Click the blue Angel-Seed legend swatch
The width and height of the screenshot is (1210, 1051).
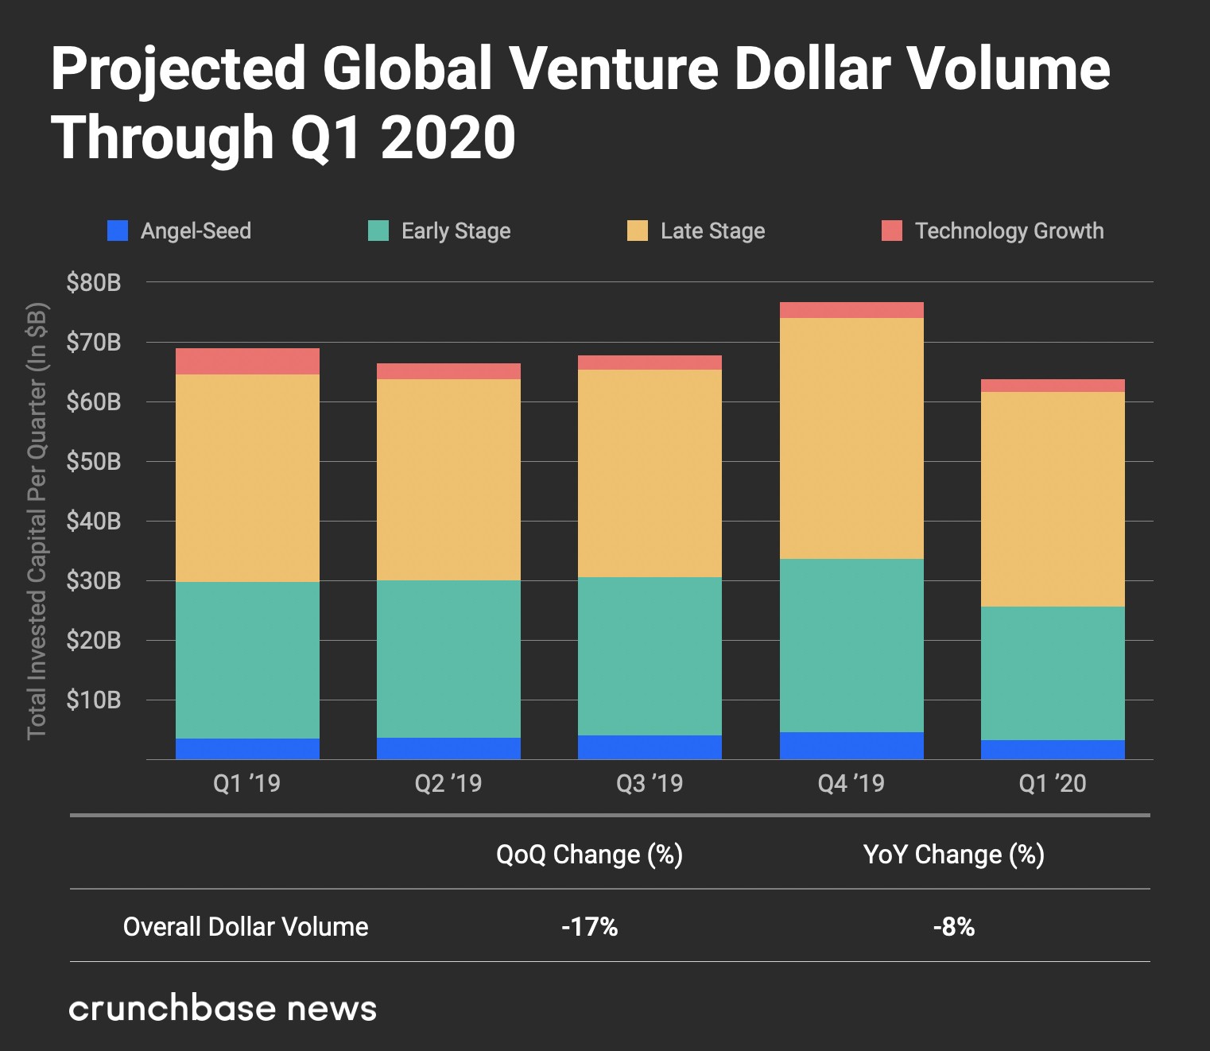(118, 231)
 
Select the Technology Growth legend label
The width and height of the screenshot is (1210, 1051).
(1009, 231)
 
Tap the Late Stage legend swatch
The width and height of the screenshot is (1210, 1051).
(637, 231)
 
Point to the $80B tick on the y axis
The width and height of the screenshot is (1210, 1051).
(94, 282)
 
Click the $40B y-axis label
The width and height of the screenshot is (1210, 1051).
(94, 521)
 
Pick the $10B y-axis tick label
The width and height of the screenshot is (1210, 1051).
(94, 700)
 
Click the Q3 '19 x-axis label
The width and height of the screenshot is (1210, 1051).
(650, 783)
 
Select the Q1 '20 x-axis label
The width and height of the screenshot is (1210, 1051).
(1053, 783)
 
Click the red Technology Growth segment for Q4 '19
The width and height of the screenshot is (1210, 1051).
(851, 310)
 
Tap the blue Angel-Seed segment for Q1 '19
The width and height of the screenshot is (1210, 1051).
(247, 749)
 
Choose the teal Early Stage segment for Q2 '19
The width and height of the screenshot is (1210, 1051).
(448, 659)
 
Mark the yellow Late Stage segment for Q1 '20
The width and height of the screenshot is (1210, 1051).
(1053, 499)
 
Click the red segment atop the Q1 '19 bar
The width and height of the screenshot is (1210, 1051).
(247, 361)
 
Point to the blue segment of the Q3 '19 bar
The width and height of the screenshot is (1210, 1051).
(650, 747)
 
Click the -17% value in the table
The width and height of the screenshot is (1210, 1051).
(589, 926)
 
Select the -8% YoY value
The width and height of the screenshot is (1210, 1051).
(953, 926)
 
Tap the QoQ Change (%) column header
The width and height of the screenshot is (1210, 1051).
(589, 855)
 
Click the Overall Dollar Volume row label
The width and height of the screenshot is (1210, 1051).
(246, 926)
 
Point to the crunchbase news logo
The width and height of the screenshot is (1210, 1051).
(223, 1008)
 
